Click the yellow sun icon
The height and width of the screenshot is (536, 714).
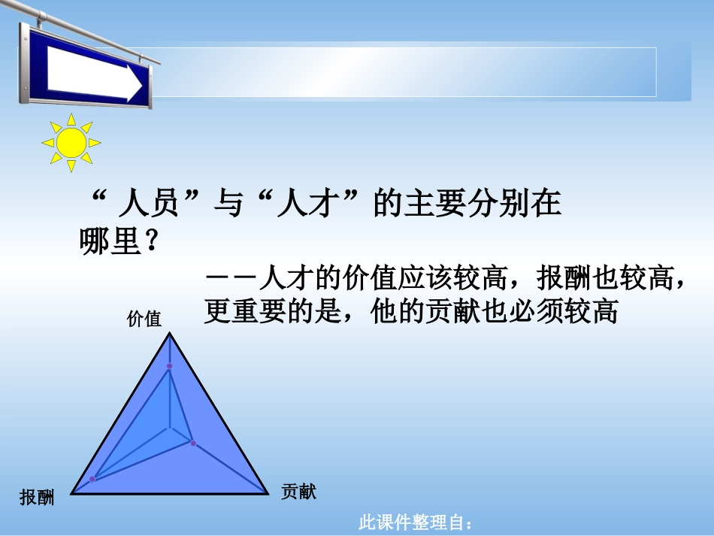(71, 142)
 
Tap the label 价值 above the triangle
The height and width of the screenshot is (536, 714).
(144, 319)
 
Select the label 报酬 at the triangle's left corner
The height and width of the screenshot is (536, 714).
(37, 497)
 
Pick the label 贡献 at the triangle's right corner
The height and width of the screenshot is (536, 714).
(299, 492)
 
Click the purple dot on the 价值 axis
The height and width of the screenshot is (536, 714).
(169, 366)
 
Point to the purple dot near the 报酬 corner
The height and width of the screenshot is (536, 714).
(92, 479)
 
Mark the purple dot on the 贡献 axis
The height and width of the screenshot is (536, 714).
(193, 444)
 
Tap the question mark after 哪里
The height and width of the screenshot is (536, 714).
(150, 242)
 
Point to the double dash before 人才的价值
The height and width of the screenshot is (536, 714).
(230, 280)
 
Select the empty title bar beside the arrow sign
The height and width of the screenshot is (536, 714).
(406, 72)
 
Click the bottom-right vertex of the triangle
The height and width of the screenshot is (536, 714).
(268, 494)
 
